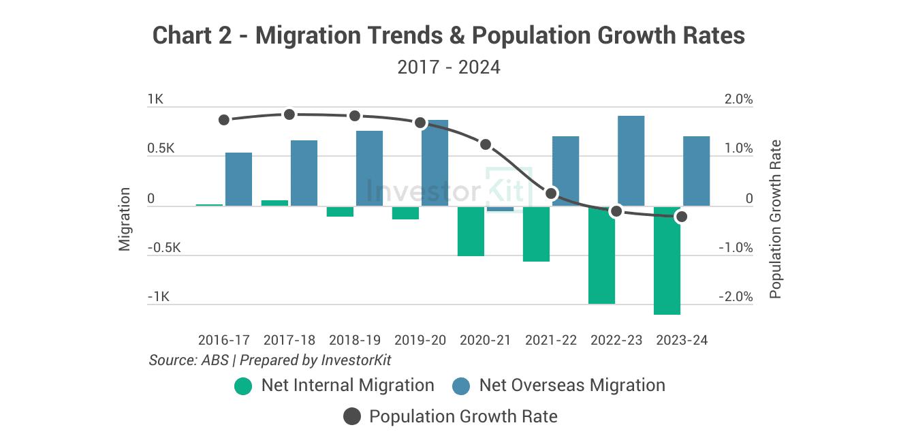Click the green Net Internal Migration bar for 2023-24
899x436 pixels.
667,260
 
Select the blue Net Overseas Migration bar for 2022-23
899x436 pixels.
631,161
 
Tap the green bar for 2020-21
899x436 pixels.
471,231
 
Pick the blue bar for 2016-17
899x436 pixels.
238,179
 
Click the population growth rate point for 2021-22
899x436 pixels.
551,193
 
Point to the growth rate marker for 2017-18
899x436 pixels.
289,114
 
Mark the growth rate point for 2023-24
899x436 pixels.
681,217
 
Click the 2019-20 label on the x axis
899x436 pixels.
420,340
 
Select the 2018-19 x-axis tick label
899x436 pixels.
355,340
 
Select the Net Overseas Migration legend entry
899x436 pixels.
558,386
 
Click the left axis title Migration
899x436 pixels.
125,219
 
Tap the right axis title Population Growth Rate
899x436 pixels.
775,219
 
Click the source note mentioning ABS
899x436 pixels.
270,360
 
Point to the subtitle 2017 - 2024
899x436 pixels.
449,67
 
